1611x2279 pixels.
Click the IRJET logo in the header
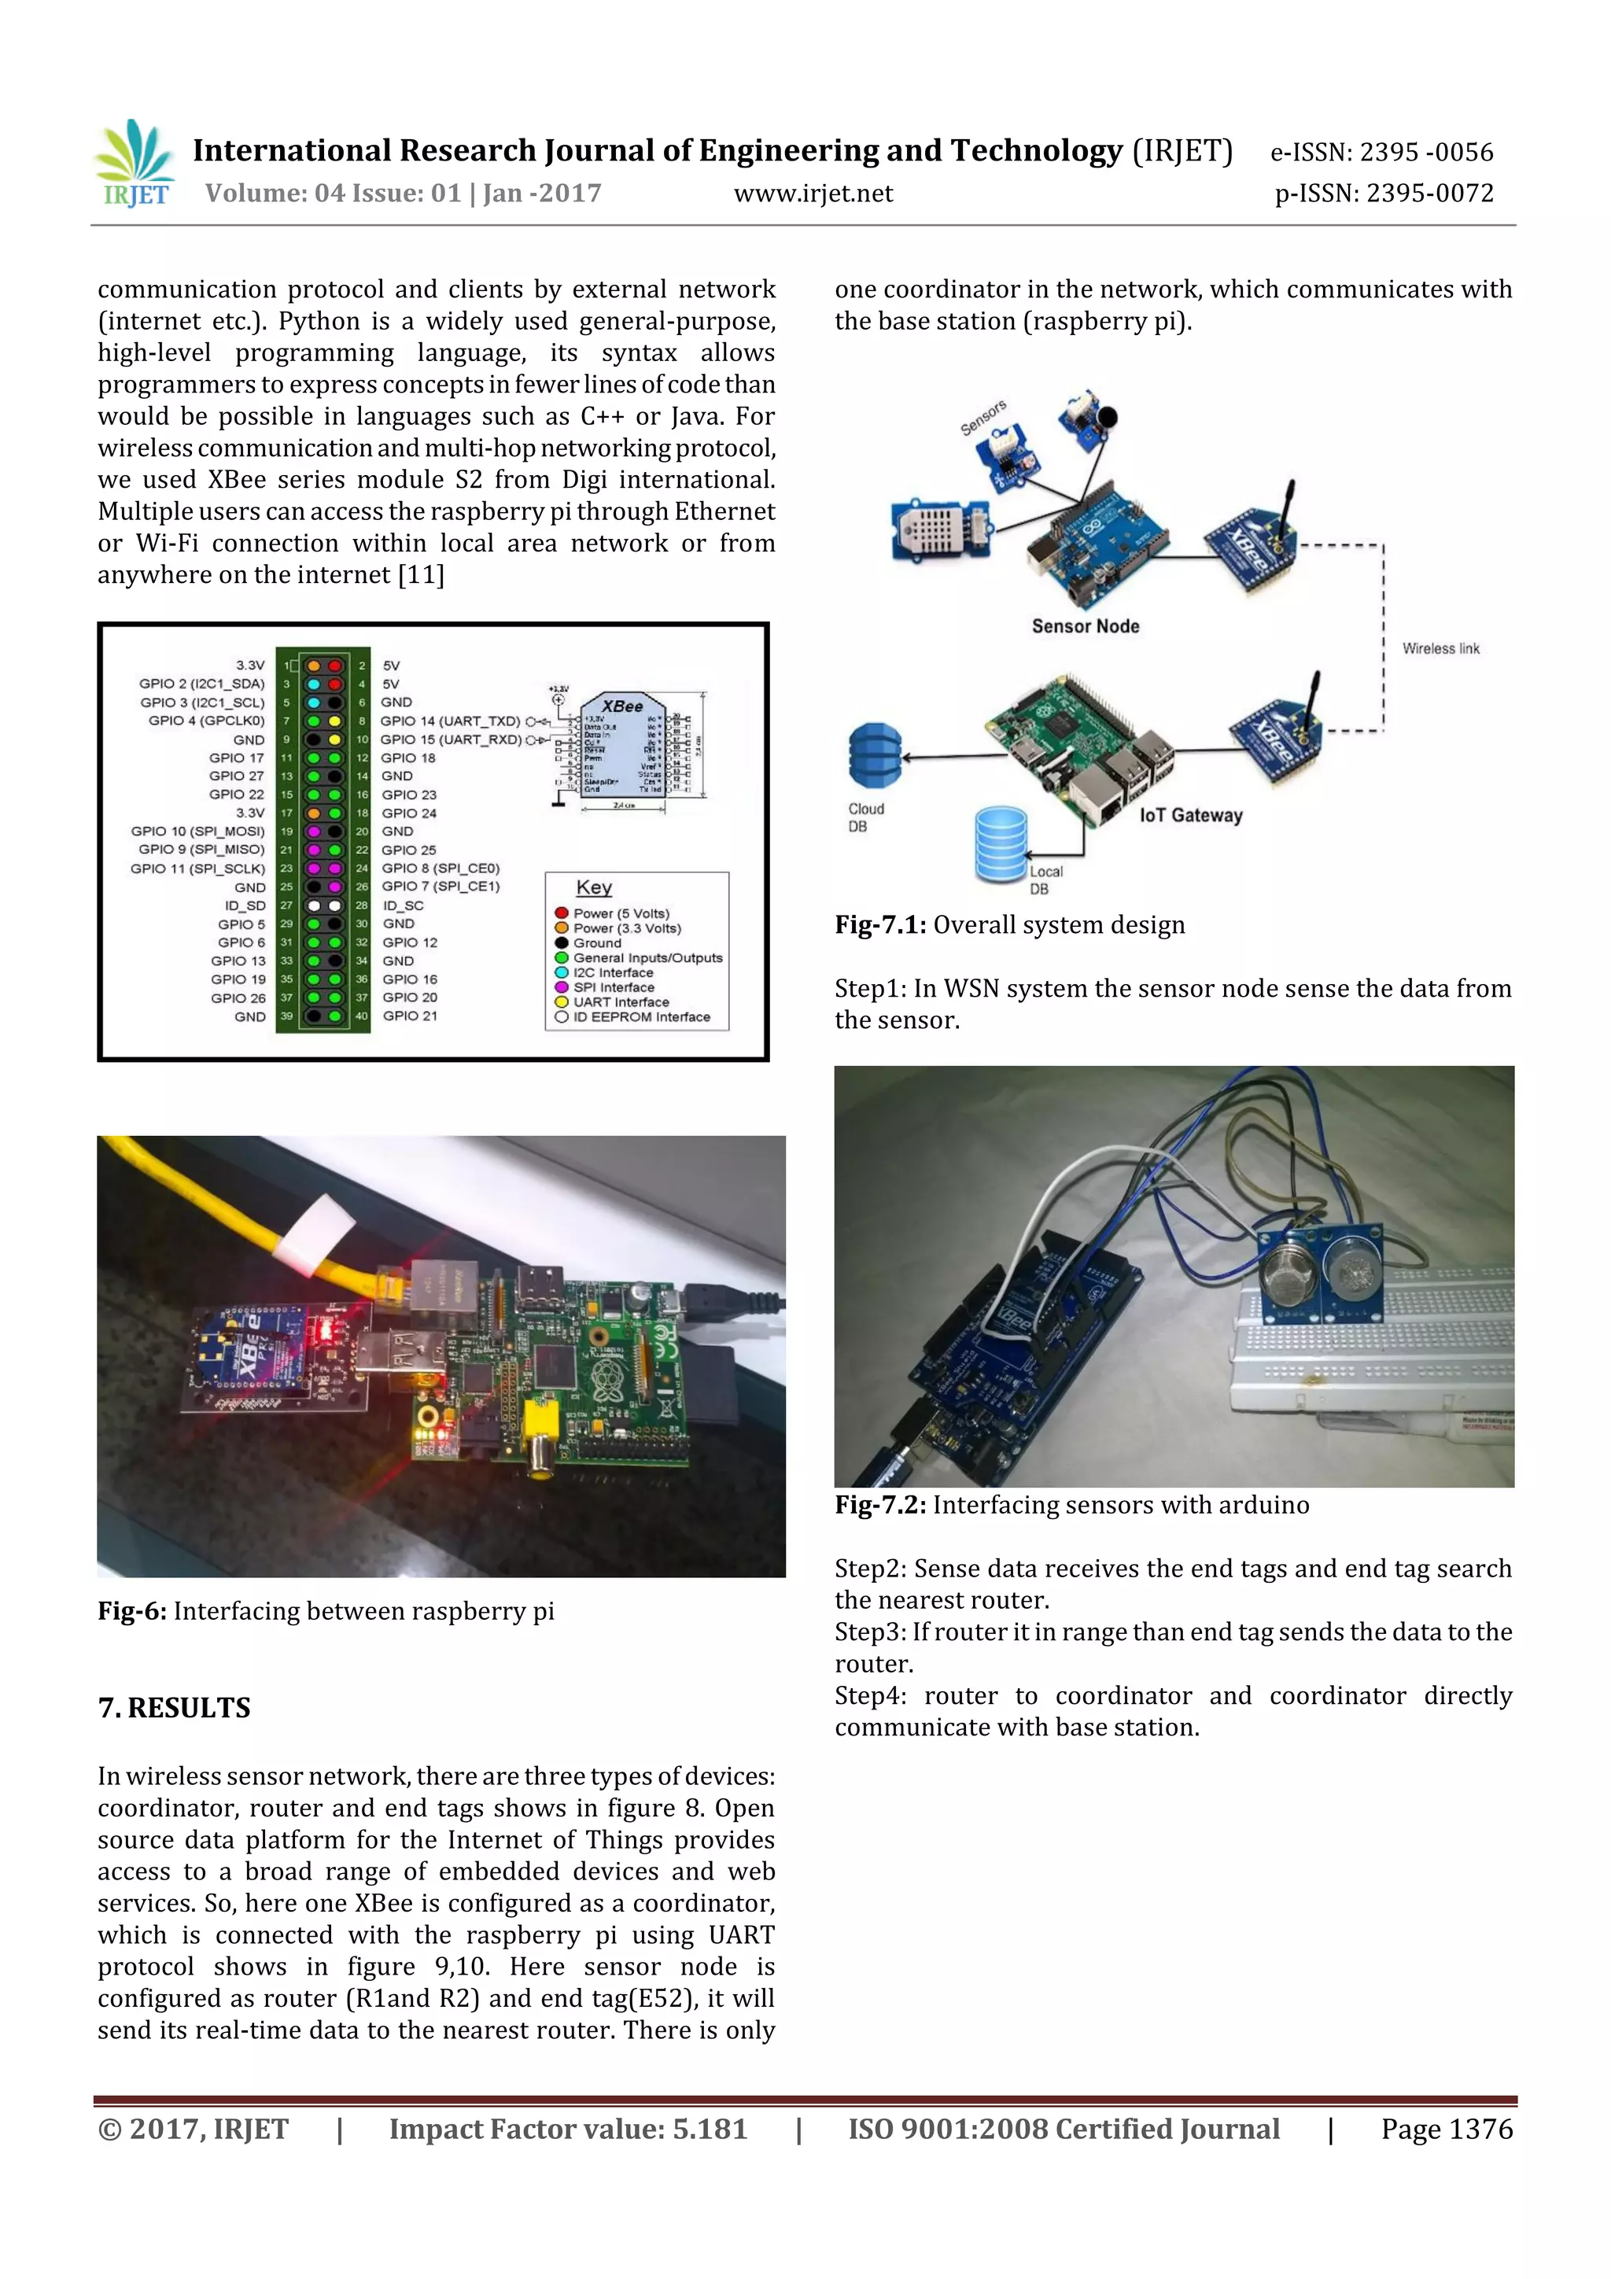[135, 164]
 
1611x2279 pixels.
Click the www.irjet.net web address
[813, 194]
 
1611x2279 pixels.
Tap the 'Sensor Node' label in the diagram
[1085, 626]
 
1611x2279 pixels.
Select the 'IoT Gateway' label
[1190, 815]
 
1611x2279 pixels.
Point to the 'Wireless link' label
[1440, 648]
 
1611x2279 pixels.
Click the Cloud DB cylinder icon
[875, 755]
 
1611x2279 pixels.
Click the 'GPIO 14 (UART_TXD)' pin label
[450, 721]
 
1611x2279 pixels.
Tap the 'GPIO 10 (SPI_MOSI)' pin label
[198, 831]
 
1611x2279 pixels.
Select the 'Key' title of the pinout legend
[594, 887]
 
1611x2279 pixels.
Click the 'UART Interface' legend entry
[621, 1001]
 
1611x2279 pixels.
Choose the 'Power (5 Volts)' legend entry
[621, 913]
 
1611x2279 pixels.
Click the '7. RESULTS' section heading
[175, 1708]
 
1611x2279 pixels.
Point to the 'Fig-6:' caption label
[132, 1611]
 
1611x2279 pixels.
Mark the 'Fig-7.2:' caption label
[880, 1505]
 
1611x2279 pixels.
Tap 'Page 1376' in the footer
[1447, 2128]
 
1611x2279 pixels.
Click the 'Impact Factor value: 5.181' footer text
[568, 2128]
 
